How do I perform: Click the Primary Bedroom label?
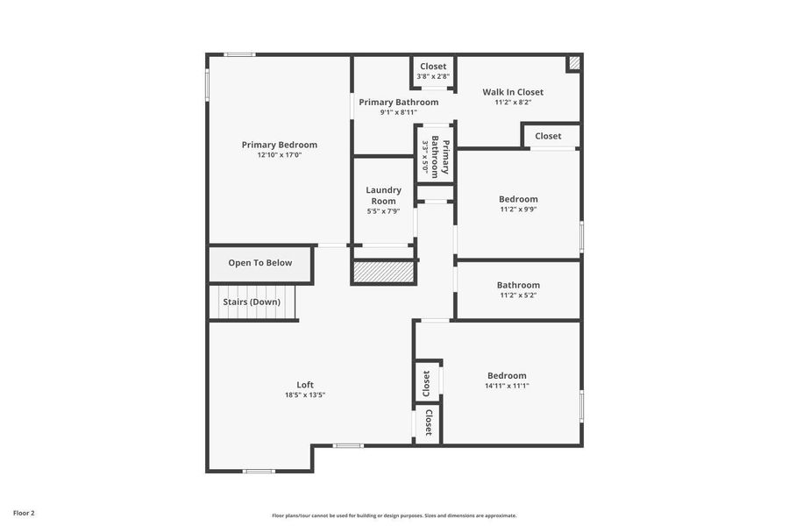pos(280,145)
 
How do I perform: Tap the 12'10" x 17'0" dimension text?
pos(280,155)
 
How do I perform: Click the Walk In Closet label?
pos(513,92)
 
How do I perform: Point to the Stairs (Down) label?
pos(252,302)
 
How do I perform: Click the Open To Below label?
pos(259,263)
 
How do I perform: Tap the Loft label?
pos(305,385)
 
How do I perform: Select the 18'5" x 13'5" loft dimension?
pos(305,395)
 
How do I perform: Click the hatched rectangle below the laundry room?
pos(382,273)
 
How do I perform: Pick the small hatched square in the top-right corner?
pos(573,63)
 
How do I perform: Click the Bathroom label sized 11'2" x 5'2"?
pos(518,285)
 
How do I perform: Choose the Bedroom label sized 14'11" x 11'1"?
pos(507,375)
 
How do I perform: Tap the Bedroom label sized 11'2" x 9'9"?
pos(518,199)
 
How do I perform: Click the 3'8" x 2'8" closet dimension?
pos(433,76)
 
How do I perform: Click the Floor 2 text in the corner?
pos(24,513)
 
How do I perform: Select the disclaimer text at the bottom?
pos(394,515)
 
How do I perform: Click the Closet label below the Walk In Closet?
pos(548,136)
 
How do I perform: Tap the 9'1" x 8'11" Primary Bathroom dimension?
pos(398,112)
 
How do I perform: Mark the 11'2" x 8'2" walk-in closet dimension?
pos(513,103)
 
